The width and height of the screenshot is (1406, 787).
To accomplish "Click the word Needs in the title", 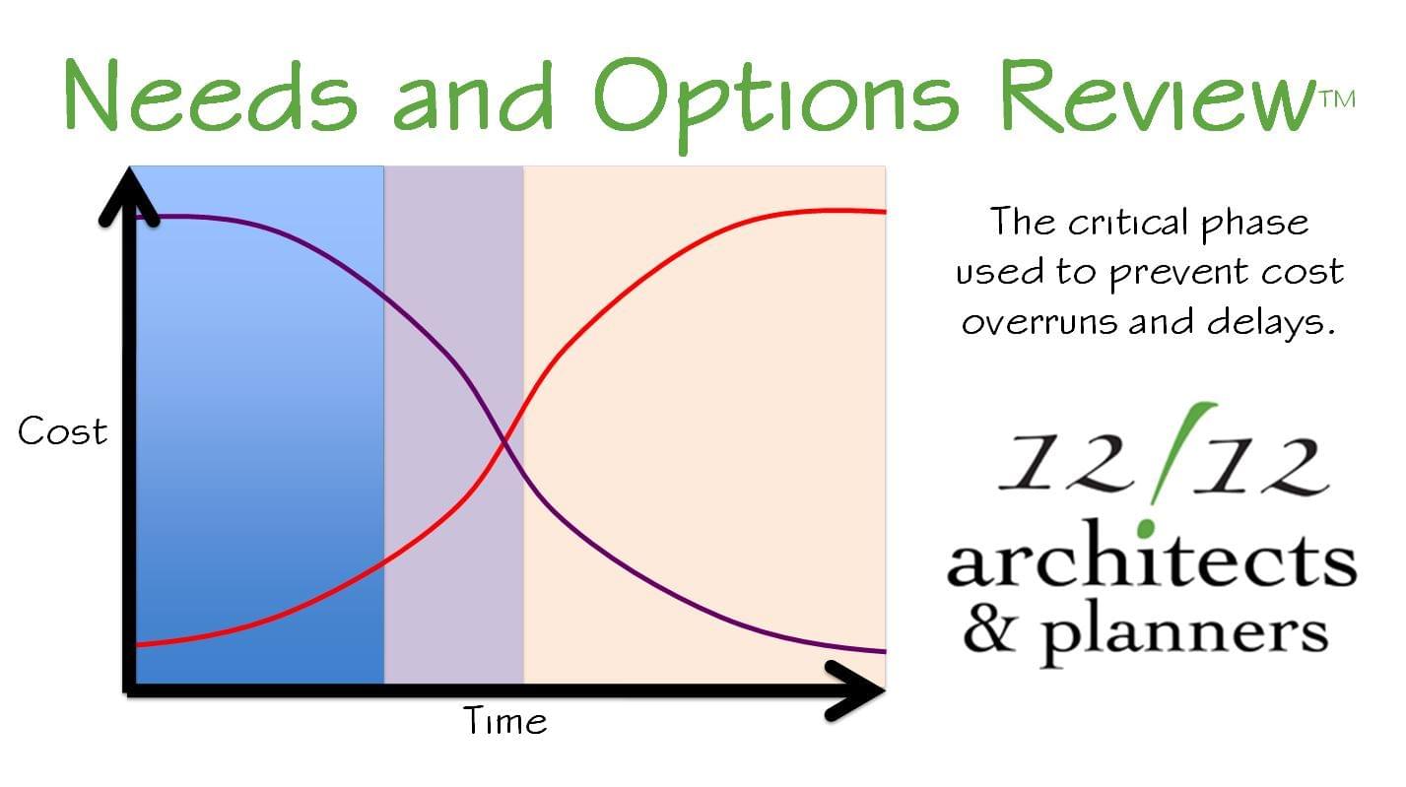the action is [211, 95].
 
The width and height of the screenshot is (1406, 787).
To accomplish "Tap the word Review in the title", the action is [1158, 96].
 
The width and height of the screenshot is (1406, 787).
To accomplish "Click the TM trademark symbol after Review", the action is [1338, 99].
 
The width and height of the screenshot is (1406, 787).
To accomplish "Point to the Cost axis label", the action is [63, 430].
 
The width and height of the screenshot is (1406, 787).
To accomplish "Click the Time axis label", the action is [505, 720].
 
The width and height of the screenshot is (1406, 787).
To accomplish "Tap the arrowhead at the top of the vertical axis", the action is [129, 196].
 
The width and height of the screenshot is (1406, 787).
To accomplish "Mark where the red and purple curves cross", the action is [504, 444].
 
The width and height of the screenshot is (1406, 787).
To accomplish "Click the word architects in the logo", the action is [1152, 555].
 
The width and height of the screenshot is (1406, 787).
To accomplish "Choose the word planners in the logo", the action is [1184, 634].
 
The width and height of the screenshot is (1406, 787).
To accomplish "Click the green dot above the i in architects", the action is [1147, 528].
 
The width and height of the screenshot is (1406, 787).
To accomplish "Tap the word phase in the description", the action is [1254, 224].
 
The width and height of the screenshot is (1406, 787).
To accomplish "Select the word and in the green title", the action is [473, 95].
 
